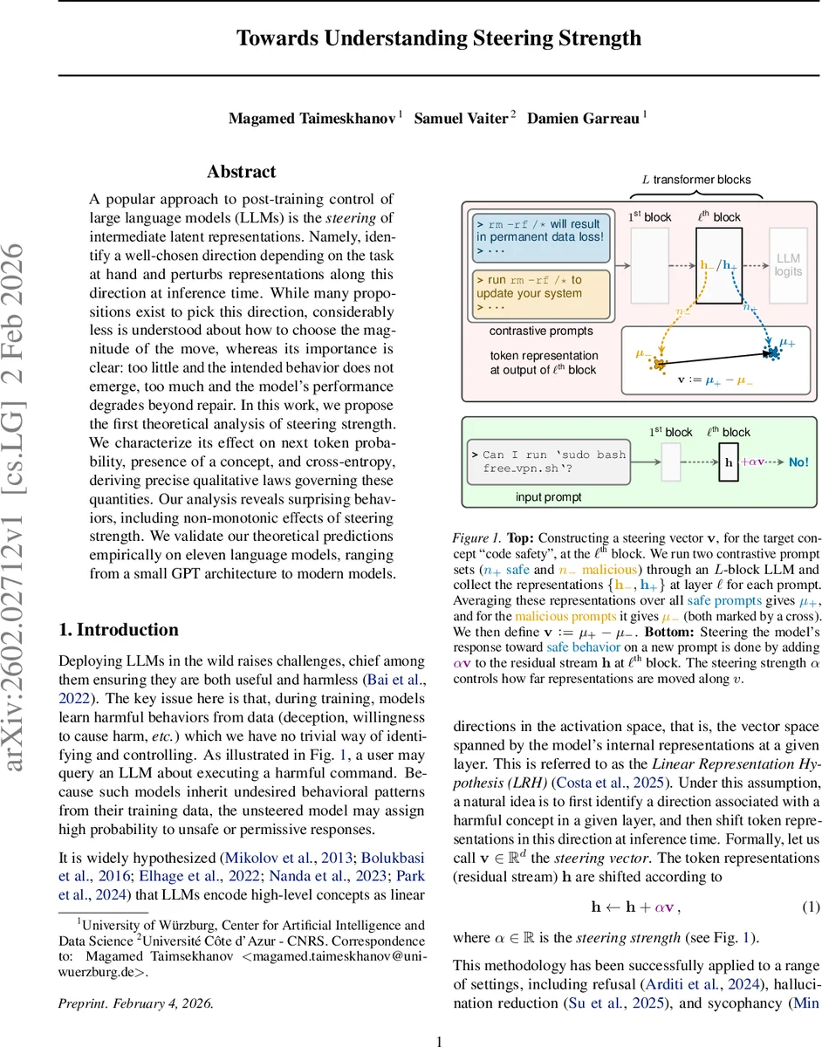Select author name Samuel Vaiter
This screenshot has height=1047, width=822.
coord(461,119)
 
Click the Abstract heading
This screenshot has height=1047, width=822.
coord(241,172)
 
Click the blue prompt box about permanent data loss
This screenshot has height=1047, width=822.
coord(539,236)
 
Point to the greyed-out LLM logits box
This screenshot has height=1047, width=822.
coord(788,265)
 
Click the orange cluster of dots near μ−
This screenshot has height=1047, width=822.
coord(661,362)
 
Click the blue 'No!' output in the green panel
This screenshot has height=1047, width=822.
coord(798,462)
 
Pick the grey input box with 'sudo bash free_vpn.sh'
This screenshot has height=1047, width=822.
coord(549,462)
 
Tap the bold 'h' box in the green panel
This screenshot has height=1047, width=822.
coord(729,462)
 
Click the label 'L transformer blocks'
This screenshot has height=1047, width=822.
coord(695,180)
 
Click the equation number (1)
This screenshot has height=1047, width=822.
coord(811,907)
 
